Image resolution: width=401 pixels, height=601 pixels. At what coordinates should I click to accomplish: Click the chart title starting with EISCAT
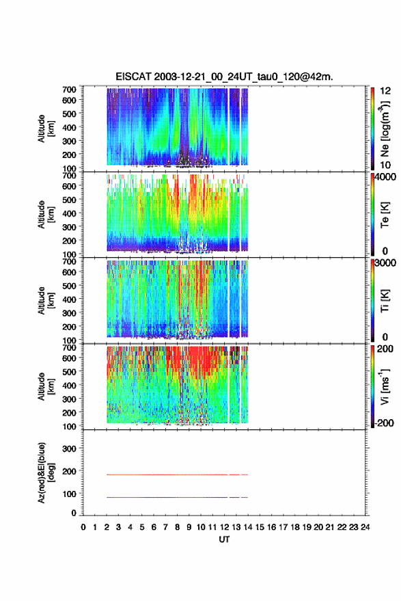point(224,77)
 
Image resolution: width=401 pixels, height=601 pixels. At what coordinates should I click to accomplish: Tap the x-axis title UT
point(224,539)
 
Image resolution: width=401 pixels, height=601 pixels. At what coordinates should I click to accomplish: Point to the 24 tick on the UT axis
point(365,527)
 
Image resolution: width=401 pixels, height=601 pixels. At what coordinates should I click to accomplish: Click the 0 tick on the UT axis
point(83,527)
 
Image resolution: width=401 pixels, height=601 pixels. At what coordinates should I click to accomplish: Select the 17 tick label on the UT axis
point(283,527)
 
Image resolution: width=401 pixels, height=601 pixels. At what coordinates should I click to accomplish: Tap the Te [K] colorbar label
point(385,215)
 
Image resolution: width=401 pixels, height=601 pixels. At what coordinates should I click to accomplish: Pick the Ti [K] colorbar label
point(385,301)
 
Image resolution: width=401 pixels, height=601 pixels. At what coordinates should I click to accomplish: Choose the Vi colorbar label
point(385,386)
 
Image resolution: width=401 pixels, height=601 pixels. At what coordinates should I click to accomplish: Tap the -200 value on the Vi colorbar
point(384,423)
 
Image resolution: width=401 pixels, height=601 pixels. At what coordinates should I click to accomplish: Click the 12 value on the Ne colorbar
point(385,91)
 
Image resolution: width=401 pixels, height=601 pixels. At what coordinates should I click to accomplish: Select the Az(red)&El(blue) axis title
point(46,472)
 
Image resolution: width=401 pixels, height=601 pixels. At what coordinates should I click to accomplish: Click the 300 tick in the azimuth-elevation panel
point(69,449)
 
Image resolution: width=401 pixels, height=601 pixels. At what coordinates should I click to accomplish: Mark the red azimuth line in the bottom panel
point(178,475)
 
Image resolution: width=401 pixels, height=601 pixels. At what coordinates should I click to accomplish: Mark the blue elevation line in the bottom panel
point(178,497)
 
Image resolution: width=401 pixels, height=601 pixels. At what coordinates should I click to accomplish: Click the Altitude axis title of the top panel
point(46,129)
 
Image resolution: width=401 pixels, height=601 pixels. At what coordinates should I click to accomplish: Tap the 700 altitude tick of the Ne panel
point(69,90)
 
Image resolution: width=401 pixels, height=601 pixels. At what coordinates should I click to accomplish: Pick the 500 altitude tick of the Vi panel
point(69,371)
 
